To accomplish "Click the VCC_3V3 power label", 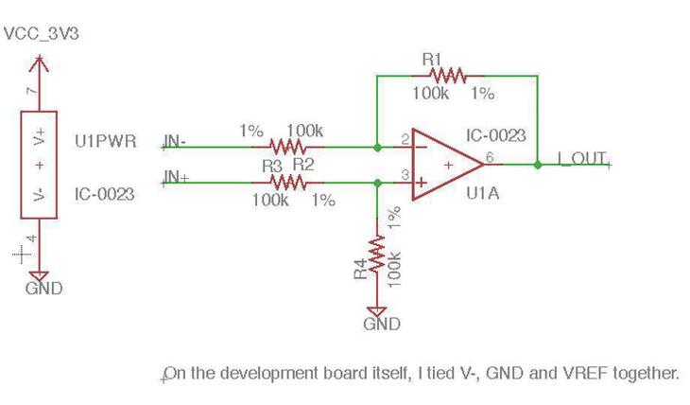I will click(x=43, y=34).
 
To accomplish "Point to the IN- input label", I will click(x=175, y=142).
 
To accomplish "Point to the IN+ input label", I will click(x=176, y=177).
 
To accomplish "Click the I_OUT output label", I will click(x=581, y=158).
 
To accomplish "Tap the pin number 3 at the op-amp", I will click(x=405, y=175).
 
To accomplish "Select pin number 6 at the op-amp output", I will click(x=490, y=157).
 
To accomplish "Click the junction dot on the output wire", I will click(x=538, y=165).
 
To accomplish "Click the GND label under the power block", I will click(x=43, y=288).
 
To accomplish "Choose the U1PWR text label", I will click(x=105, y=142).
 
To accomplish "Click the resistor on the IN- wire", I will click(x=289, y=147).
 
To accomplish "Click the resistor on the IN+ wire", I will click(x=288, y=182).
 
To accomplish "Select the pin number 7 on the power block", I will click(x=32, y=92).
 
